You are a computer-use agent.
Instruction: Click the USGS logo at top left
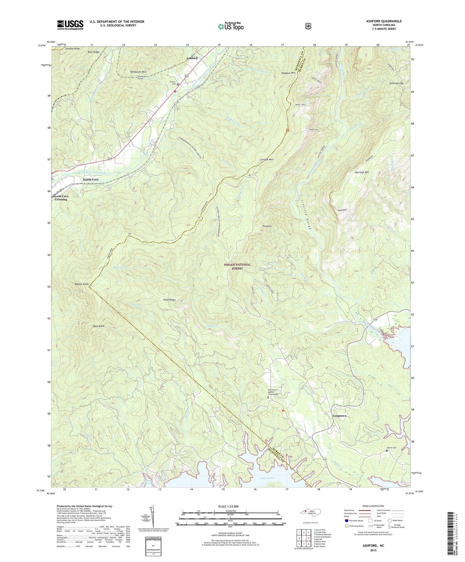(x=70, y=25)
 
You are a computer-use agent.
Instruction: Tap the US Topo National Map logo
(x=230, y=26)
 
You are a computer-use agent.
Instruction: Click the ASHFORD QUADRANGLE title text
(x=384, y=21)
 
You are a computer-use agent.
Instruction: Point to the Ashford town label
(x=192, y=58)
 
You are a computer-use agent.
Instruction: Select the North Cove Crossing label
(x=61, y=198)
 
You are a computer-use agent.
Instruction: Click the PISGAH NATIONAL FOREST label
(x=237, y=266)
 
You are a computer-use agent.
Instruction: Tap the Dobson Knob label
(x=81, y=284)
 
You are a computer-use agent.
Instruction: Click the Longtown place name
(x=339, y=416)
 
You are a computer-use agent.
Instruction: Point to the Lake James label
(x=267, y=478)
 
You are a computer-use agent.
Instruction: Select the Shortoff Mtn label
(x=362, y=173)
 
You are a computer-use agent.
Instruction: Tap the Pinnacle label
(x=267, y=226)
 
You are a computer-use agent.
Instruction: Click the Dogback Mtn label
(x=288, y=73)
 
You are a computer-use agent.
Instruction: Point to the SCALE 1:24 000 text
(x=228, y=506)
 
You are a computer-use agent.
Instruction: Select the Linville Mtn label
(x=266, y=159)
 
